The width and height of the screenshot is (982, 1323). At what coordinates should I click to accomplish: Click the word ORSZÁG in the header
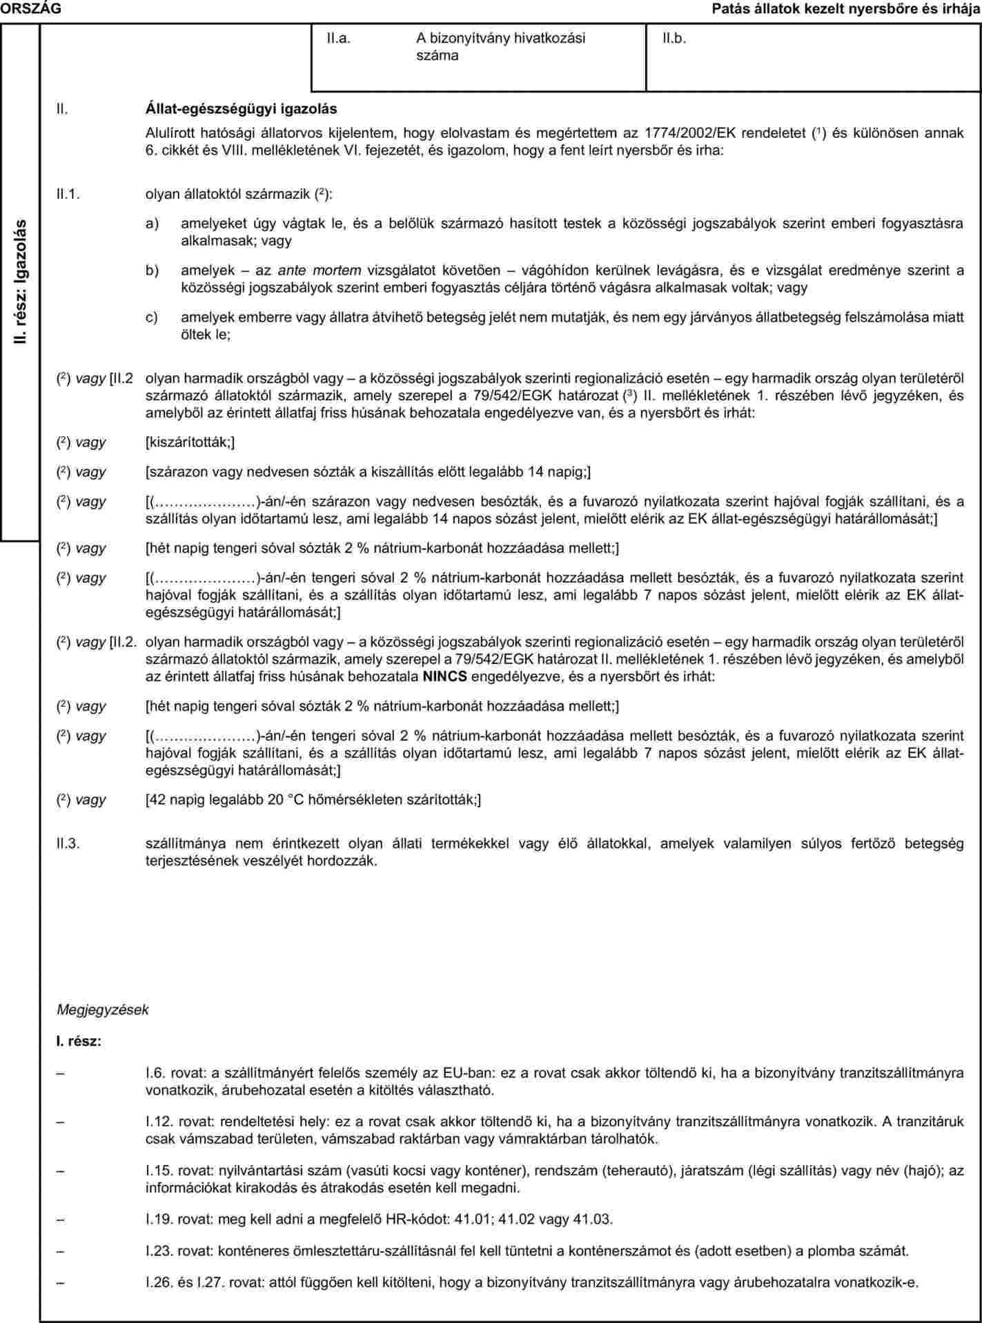click(31, 8)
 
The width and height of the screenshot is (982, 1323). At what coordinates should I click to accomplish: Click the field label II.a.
click(339, 39)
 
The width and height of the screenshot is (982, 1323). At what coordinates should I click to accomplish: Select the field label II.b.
click(674, 39)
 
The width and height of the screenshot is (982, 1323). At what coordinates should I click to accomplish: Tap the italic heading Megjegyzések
click(102, 1010)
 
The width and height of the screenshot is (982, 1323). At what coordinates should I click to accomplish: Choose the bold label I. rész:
click(79, 1040)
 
